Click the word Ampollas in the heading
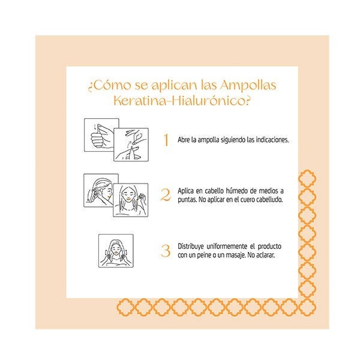pos(248,86)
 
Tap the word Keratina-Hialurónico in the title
pos(182,100)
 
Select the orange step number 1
pos(166,140)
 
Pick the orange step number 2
pos(166,195)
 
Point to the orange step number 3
pos(166,251)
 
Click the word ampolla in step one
pos(208,140)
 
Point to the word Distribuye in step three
pos(191,247)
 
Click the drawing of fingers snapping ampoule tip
pos(131,145)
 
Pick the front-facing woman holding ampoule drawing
pos(130,200)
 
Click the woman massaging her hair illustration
pos(116,251)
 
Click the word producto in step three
pos(269,247)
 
